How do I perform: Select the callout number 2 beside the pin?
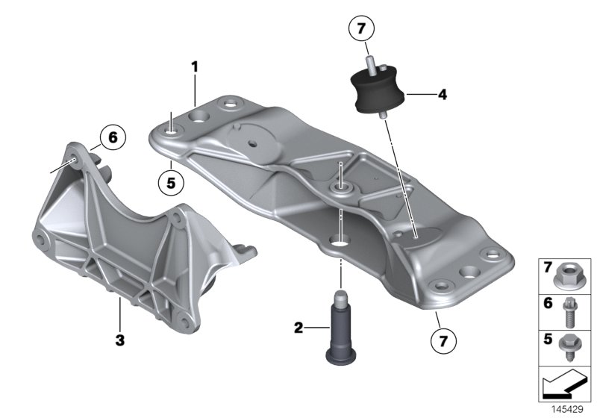coord(298,327)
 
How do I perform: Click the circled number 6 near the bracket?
coord(112,137)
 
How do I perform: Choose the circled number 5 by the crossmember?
coord(171,181)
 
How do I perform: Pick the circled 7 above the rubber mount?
coord(360,30)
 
